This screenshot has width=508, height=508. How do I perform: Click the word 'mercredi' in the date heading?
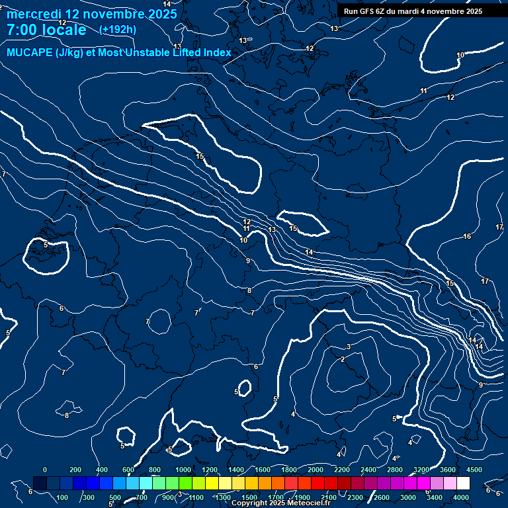tap(32, 13)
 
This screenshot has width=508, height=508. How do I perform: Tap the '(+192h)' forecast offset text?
tap(118, 29)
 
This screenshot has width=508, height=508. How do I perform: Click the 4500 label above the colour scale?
tap(474, 470)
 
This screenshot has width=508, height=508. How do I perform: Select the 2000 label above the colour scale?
tap(315, 470)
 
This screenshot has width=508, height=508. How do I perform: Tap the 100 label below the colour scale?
tap(63, 497)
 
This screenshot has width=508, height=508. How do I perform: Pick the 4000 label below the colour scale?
tap(461, 497)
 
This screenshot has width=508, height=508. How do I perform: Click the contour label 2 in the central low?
tap(343, 359)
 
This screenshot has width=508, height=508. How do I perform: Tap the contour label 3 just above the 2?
tap(348, 347)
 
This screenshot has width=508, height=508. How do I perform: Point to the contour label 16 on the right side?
tap(467, 236)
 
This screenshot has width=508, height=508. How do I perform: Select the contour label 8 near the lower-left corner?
tap(67, 415)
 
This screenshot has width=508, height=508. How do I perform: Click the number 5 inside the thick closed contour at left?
tap(46, 245)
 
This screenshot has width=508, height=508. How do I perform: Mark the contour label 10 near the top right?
tap(460, 55)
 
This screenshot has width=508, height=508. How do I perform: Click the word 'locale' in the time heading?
tap(64, 30)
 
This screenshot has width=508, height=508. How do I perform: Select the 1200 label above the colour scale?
tap(209, 470)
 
